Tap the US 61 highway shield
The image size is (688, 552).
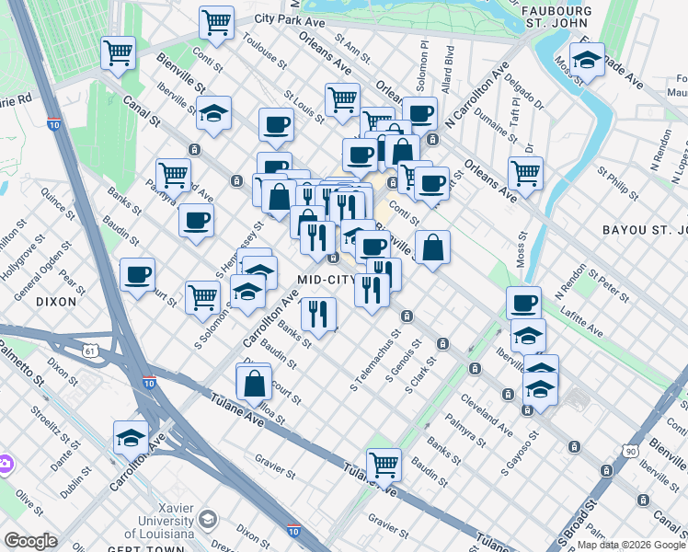click(89, 351)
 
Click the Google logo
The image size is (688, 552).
click(30, 541)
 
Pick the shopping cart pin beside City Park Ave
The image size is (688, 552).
click(215, 21)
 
